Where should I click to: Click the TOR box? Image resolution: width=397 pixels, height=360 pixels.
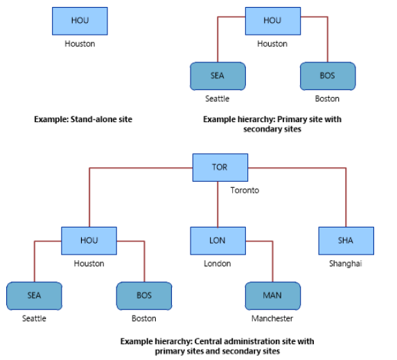tap(220, 168)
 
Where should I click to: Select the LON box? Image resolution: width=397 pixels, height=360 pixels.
tap(218, 241)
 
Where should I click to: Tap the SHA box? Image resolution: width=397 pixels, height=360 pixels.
tap(346, 241)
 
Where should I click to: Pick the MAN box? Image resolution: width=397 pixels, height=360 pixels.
tap(273, 296)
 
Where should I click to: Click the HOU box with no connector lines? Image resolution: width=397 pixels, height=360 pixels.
tap(80, 21)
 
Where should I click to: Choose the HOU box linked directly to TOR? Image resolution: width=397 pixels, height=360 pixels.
tap(89, 241)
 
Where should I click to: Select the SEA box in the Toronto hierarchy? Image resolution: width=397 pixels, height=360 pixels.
tap(34, 296)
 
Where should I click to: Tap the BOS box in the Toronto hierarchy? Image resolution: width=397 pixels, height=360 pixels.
tap(144, 296)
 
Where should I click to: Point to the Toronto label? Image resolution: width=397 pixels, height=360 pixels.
tap(245, 190)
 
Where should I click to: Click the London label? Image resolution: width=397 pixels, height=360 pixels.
tap(218, 264)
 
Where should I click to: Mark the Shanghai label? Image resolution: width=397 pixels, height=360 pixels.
tap(345, 264)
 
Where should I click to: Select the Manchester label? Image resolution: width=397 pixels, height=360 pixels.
tap(272, 318)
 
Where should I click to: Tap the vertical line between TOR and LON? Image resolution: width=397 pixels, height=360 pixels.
tap(218, 205)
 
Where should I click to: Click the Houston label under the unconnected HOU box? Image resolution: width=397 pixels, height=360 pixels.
tap(80, 44)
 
